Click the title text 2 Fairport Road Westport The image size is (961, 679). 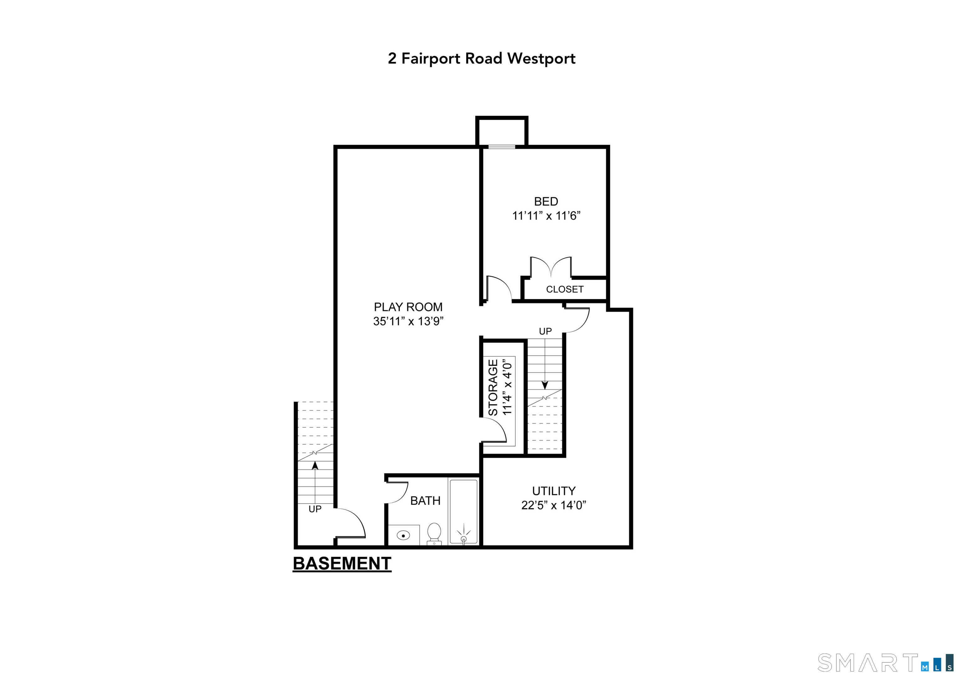pos(481,58)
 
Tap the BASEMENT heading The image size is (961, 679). pos(342,564)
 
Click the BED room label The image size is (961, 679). pos(546,202)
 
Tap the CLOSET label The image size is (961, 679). pos(564,289)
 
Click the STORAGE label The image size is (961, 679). pos(493,387)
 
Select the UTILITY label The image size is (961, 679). pos(553,491)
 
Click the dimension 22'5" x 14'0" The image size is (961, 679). pos(553,505)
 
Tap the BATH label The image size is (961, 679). pos(425,501)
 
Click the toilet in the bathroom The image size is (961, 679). pos(434,533)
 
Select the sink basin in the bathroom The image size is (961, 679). pos(403,535)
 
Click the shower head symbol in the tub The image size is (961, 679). pos(463,538)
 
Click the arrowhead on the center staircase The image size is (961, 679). pos(545,385)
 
